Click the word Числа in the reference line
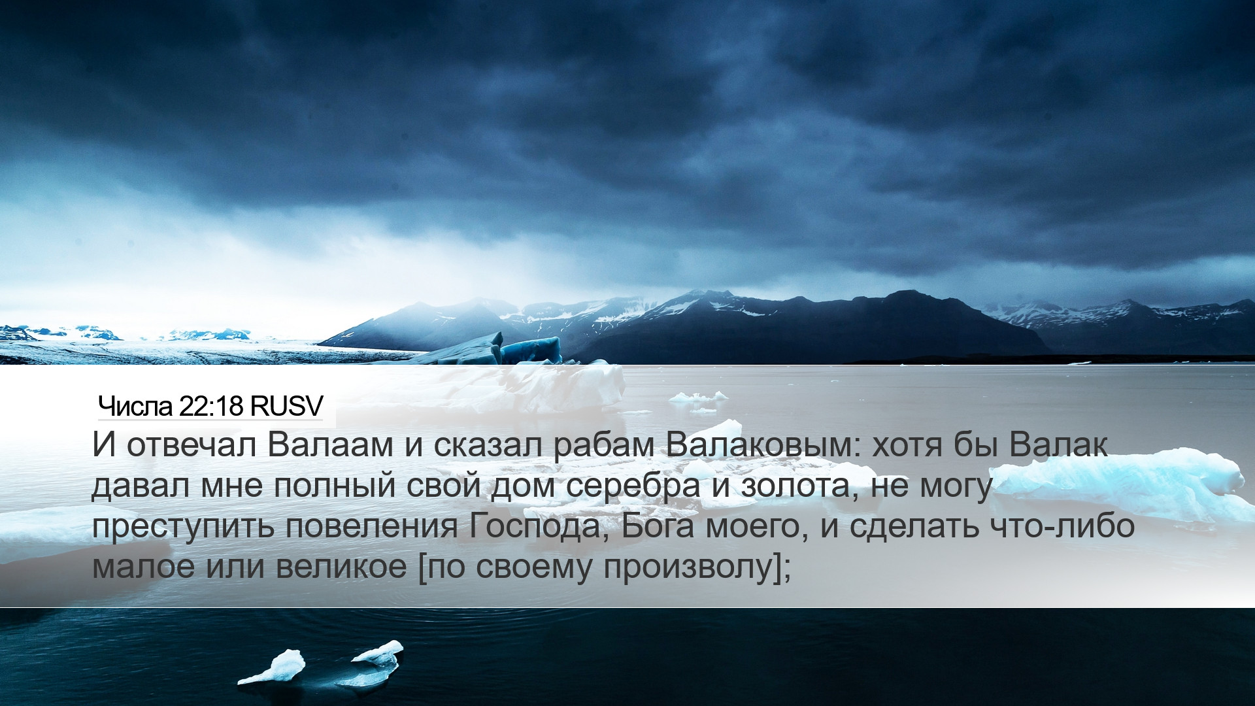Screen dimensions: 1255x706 135,406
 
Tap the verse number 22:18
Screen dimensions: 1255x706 210,406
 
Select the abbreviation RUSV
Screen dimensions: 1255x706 286,406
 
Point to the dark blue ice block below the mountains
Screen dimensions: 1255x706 530,350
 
